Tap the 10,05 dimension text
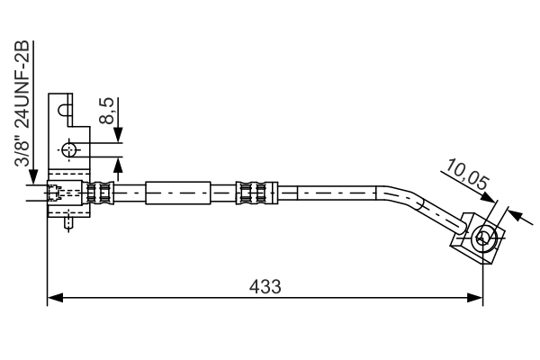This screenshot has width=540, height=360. point(466,176)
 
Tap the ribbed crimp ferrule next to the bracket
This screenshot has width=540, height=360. point(101,192)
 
